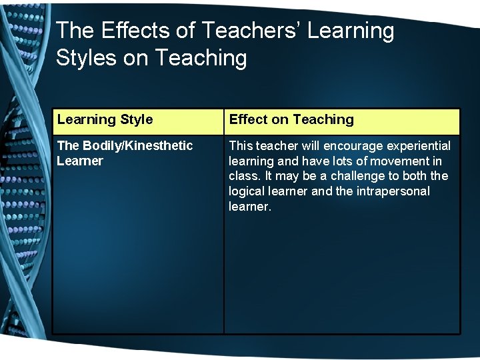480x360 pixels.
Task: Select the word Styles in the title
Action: (x=87, y=58)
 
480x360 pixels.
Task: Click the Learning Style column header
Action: (x=105, y=120)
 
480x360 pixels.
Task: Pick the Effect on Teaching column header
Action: (x=291, y=120)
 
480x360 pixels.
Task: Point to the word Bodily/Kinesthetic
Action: (x=137, y=146)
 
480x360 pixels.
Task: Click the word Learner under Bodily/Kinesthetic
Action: (x=80, y=161)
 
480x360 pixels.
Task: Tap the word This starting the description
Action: (x=241, y=146)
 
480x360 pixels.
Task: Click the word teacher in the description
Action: (x=277, y=146)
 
